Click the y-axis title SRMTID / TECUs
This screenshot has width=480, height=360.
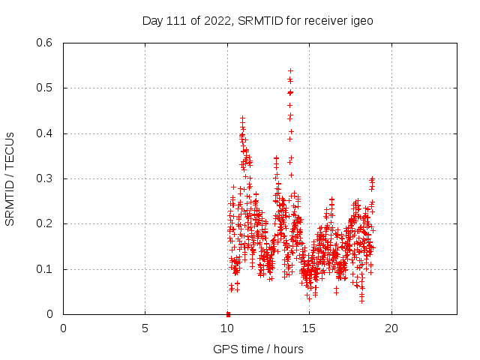click(x=10, y=178)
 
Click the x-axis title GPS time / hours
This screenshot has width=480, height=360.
click(x=258, y=349)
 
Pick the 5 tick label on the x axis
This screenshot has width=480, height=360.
click(x=145, y=328)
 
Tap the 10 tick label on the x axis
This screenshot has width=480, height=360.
click(x=227, y=328)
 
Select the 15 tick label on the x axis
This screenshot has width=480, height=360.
click(x=309, y=328)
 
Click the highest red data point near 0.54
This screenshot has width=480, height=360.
click(x=290, y=70)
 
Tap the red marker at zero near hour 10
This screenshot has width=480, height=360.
click(x=228, y=313)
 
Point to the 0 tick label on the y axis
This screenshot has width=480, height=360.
click(x=49, y=314)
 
